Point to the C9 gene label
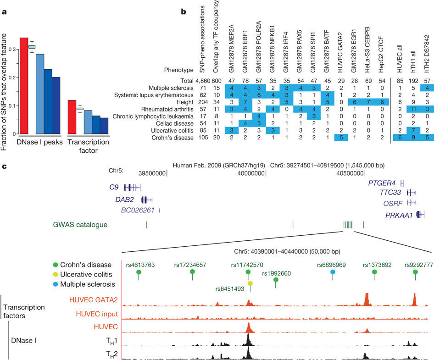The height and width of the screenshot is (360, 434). [114, 187]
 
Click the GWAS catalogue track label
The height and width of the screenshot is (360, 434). [80, 225]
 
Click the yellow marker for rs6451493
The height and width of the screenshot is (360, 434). [250, 284]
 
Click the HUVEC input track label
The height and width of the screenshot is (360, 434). [100, 314]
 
